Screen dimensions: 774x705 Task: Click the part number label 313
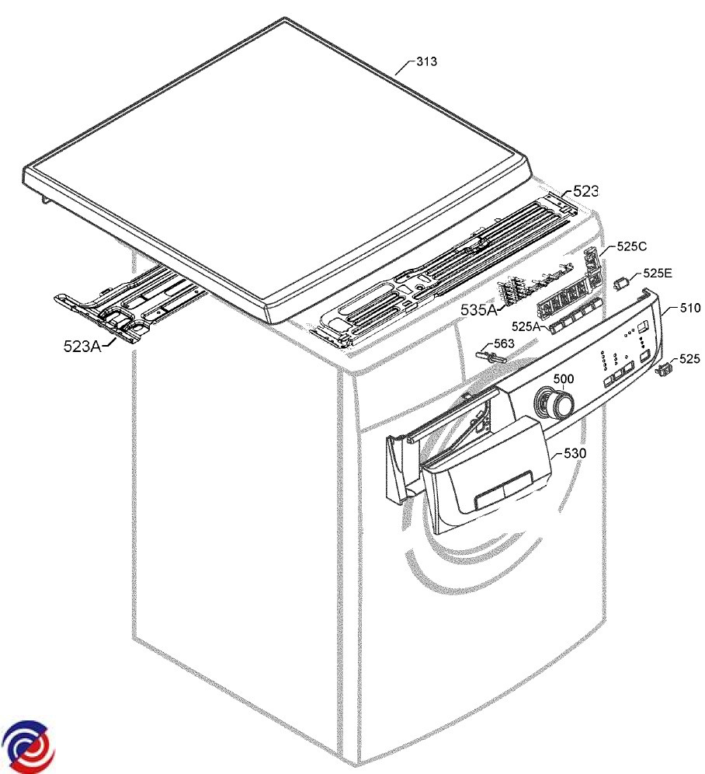426,63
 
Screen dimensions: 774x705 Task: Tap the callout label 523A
82,347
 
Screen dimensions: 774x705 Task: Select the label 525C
632,246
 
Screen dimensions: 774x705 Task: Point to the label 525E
657,273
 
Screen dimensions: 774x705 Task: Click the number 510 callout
690,309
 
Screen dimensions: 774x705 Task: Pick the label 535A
478,310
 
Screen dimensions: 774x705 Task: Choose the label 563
505,343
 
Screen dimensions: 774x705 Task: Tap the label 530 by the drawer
575,452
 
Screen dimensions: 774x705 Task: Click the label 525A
526,327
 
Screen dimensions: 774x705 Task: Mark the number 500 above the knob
564,378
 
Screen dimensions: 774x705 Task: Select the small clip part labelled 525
664,371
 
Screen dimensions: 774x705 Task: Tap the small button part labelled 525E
622,281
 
